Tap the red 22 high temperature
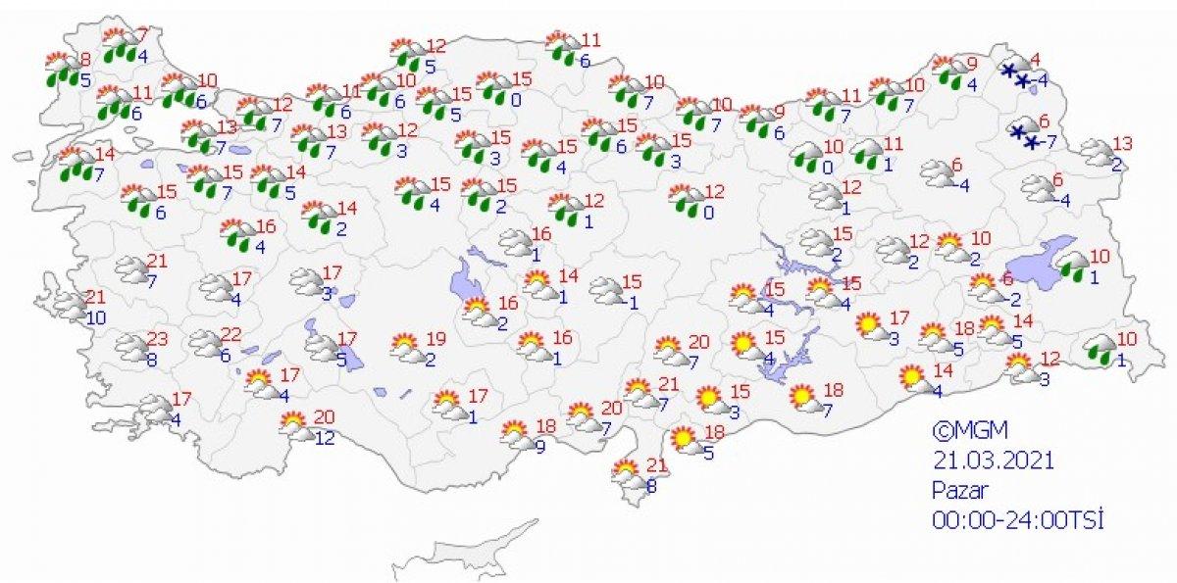click(x=230, y=335)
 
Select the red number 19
click(x=437, y=340)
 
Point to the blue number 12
click(x=325, y=437)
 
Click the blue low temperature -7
click(x=1047, y=142)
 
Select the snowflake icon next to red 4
click(x=1016, y=74)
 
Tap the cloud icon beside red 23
click(x=129, y=347)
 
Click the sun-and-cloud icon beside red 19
click(x=405, y=346)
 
